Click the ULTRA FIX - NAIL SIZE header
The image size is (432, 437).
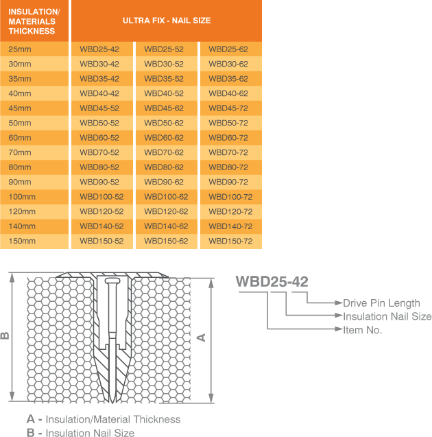167,21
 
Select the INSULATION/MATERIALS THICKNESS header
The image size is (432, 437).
34,21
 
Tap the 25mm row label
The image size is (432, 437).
20,49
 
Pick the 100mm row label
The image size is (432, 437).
22,197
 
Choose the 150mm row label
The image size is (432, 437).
22,241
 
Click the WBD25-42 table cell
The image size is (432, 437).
99,49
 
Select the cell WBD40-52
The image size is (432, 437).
164,93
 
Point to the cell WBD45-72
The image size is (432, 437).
228,108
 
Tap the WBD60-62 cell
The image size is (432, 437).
164,138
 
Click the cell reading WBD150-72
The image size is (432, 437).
230,241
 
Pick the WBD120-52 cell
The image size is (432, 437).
101,211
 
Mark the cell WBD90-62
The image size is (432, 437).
164,182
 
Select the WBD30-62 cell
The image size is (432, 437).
228,64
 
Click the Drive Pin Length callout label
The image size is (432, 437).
381,303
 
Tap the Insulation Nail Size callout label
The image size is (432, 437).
387,316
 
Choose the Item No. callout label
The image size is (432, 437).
363,330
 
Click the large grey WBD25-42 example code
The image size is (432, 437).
272,281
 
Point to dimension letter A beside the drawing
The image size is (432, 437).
201,337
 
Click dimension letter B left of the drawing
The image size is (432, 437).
5,336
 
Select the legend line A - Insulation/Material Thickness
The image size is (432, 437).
104,418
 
